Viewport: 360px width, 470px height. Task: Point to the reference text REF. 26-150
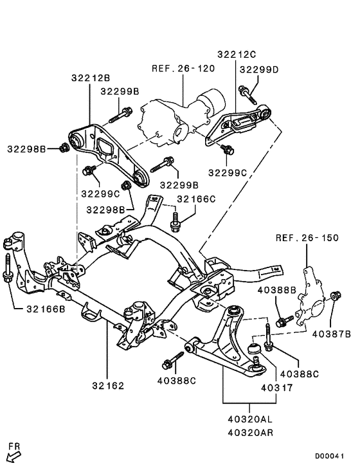pos(307,238)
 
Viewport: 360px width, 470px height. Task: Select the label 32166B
pos(46,309)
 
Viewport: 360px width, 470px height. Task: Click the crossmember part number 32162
pos(108,386)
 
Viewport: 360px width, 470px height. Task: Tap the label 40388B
pos(277,291)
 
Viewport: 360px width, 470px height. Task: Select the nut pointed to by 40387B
pos(334,296)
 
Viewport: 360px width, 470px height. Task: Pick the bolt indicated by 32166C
pos(174,221)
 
